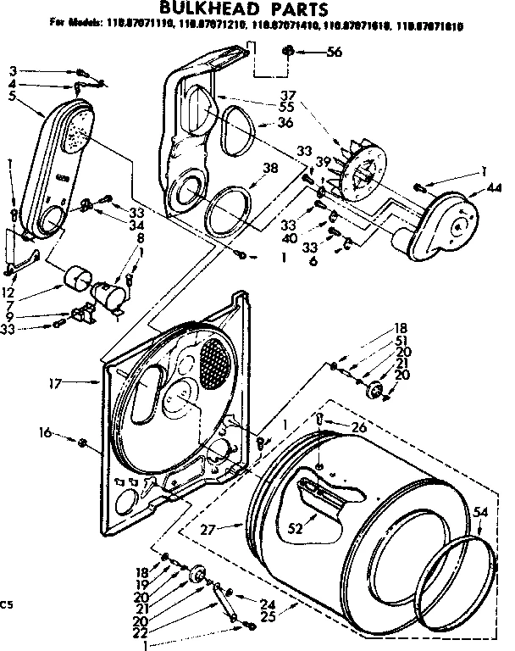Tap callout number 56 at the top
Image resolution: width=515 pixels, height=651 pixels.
[x=334, y=53]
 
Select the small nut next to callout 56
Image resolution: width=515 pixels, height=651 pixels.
[x=290, y=53]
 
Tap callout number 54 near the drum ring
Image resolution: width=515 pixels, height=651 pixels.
[x=480, y=512]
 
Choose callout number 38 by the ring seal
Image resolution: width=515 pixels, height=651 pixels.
[x=270, y=168]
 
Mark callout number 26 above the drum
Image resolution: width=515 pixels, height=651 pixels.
[x=360, y=428]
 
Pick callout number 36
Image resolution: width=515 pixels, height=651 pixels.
[x=285, y=124]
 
